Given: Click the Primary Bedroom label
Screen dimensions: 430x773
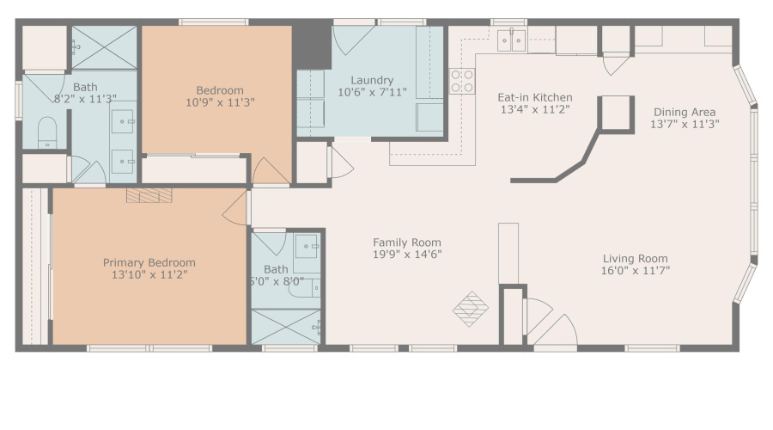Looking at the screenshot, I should click(149, 262).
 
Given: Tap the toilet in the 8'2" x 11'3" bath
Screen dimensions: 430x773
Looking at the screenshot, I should click(47, 133).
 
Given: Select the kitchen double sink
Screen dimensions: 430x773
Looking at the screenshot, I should click(513, 40).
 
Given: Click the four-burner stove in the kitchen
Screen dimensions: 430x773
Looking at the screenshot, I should click(461, 81).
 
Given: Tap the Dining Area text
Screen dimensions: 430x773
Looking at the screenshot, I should click(684, 112).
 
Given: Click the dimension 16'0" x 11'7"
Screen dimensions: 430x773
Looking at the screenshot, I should click(635, 270).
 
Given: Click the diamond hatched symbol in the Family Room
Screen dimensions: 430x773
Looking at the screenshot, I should click(470, 308).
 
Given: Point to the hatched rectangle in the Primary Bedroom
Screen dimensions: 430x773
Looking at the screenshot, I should click(149, 195).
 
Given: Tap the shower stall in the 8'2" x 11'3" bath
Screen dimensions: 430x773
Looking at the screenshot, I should click(104, 47).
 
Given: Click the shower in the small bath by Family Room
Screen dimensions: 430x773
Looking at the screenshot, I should click(285, 326).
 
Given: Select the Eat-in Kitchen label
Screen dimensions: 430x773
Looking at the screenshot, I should click(535, 97).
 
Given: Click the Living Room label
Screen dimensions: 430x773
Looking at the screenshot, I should click(635, 258).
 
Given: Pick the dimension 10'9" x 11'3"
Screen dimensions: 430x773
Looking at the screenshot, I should click(219, 102).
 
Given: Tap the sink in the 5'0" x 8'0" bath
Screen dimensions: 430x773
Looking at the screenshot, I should click(307, 247).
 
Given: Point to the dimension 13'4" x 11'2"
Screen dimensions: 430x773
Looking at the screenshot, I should click(535, 109).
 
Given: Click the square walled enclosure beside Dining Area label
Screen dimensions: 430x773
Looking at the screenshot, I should click(615, 113).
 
